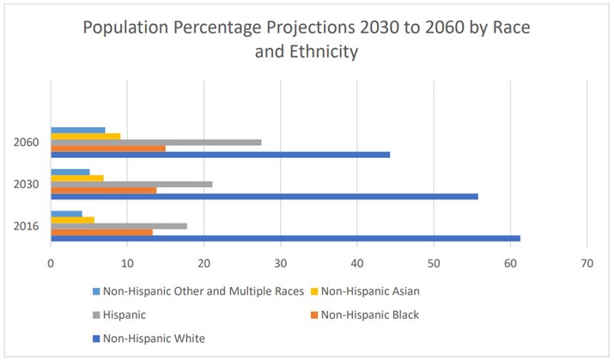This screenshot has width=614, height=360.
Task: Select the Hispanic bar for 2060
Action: coord(156,143)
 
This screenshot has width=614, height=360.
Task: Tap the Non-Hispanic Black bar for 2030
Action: coord(104,190)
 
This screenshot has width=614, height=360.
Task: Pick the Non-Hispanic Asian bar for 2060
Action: coord(86,137)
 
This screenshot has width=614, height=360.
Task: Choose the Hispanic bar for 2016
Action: coord(119,226)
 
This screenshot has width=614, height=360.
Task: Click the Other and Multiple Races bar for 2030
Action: coord(70,172)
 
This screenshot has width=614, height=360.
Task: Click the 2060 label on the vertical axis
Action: coord(27,143)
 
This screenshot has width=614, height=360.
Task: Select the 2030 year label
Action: coord(27,185)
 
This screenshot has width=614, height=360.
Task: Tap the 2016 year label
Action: coord(27,226)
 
